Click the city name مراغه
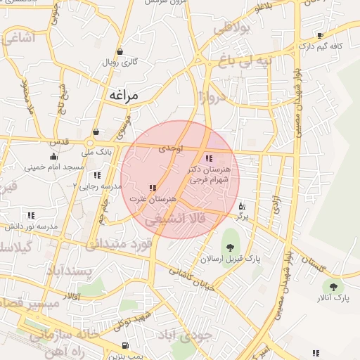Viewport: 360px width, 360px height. (124, 94)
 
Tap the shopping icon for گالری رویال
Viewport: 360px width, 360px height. (120, 51)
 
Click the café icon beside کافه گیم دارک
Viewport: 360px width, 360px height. (320, 35)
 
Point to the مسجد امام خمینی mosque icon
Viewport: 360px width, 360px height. (54, 157)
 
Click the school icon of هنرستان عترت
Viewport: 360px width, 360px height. (153, 188)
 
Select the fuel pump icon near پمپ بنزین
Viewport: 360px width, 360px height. (125, 345)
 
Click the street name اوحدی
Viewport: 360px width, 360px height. (171, 149)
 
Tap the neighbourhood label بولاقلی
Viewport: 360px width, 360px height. (231, 30)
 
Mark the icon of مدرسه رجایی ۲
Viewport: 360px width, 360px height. (96, 174)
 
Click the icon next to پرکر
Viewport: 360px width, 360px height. (242, 207)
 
